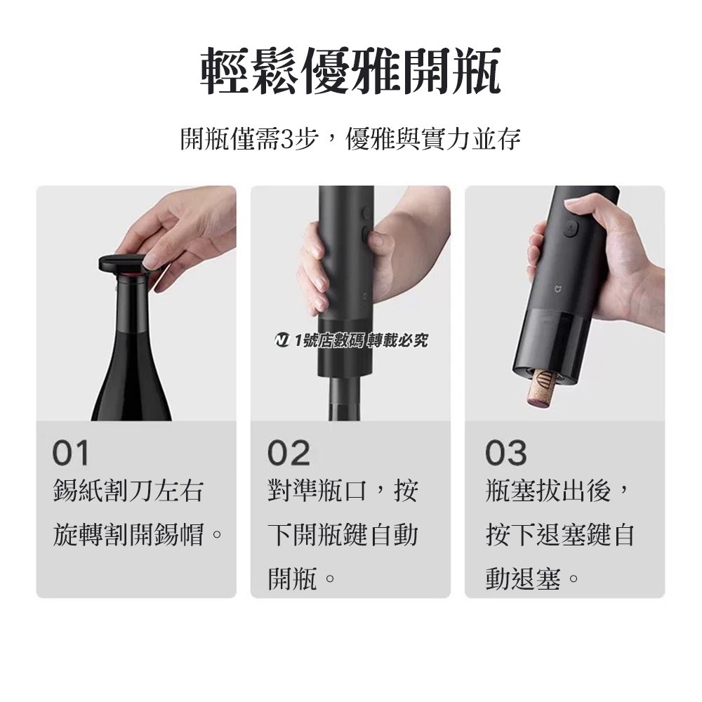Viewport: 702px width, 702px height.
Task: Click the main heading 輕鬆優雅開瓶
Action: pyautogui.click(x=350, y=72)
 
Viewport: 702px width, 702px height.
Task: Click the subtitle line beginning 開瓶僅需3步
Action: pyautogui.click(x=350, y=139)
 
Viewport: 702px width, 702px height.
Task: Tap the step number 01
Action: pyautogui.click(x=71, y=453)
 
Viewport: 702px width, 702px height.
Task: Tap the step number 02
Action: pyautogui.click(x=288, y=453)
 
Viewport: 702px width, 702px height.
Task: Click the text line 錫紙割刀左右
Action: pyautogui.click(x=128, y=491)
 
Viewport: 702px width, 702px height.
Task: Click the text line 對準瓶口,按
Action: pyautogui.click(x=343, y=491)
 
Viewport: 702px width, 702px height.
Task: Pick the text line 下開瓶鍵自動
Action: pyautogui.click(x=343, y=536)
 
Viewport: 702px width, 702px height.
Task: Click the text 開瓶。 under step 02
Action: pyautogui.click(x=300, y=580)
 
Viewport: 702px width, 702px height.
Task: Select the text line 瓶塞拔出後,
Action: pyautogui.click(x=560, y=491)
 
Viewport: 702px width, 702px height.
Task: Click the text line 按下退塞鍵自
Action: pyautogui.click(x=560, y=536)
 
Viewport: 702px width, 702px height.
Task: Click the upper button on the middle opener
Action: pyautogui.click(x=365, y=212)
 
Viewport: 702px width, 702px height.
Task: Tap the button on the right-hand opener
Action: pyautogui.click(x=569, y=229)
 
